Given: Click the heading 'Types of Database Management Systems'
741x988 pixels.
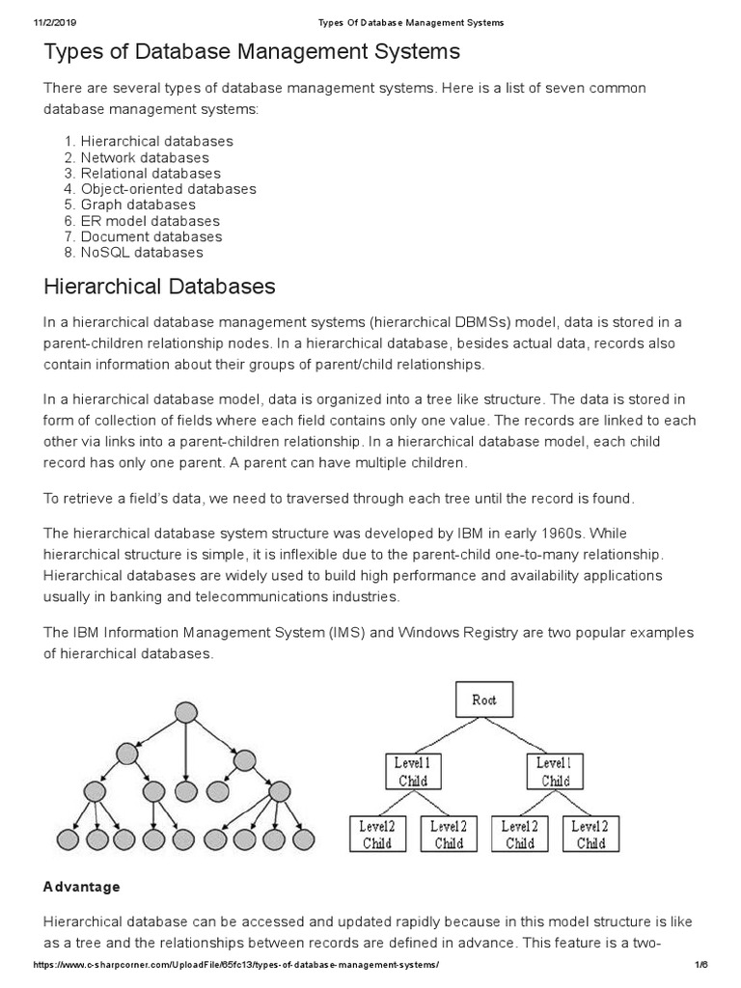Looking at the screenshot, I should click(x=252, y=50).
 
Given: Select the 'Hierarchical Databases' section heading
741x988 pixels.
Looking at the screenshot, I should click(x=160, y=287).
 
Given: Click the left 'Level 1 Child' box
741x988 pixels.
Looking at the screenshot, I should click(x=413, y=771).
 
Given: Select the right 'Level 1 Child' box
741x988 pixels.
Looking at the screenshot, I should click(x=556, y=771).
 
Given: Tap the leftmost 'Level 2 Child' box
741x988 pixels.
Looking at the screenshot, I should click(x=377, y=835).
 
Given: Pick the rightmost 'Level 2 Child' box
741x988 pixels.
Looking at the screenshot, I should click(x=590, y=835).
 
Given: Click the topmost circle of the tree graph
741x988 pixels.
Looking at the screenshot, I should click(x=185, y=713).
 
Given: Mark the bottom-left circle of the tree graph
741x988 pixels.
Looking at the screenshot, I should click(x=69, y=839).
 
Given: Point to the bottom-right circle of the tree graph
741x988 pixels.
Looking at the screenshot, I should click(x=302, y=839).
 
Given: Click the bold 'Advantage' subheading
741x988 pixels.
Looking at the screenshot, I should click(x=82, y=886).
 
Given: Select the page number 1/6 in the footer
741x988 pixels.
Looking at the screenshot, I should click(x=700, y=966).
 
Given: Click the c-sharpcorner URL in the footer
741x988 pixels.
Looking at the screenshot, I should click(x=236, y=966).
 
